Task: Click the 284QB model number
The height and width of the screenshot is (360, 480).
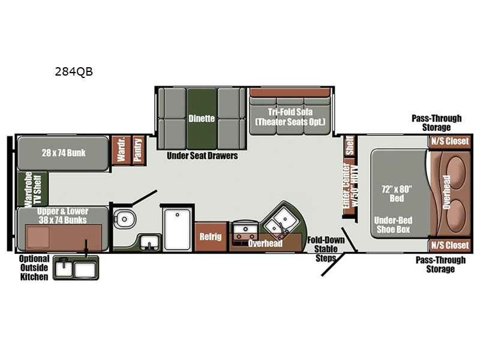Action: click(74, 71)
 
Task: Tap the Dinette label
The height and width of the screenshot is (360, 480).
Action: click(202, 118)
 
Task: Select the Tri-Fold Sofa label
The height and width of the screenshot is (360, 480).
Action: click(290, 112)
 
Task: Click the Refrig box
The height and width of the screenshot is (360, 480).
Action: click(211, 236)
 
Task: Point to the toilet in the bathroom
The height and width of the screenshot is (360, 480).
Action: click(125, 219)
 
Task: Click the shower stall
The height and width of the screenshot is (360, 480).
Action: click(178, 229)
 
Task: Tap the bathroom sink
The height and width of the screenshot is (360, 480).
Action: click(149, 242)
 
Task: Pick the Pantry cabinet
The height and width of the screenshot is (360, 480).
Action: click(139, 150)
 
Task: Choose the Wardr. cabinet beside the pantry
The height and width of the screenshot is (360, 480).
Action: click(121, 150)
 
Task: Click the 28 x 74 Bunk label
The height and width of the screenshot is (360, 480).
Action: click(64, 153)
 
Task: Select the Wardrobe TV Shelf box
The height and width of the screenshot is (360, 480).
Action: click(33, 189)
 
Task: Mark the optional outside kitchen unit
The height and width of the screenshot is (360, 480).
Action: click(76, 268)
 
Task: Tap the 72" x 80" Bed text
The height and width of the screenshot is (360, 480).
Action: click(397, 193)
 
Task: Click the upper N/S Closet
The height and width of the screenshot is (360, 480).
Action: click(449, 142)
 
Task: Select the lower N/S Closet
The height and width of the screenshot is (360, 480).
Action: click(449, 245)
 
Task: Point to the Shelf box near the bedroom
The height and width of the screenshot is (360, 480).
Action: click(350, 146)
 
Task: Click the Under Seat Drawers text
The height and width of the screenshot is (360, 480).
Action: click(202, 156)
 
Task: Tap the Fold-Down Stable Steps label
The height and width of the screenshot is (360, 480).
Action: click(326, 249)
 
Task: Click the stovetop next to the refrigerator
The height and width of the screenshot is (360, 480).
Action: click(245, 233)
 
